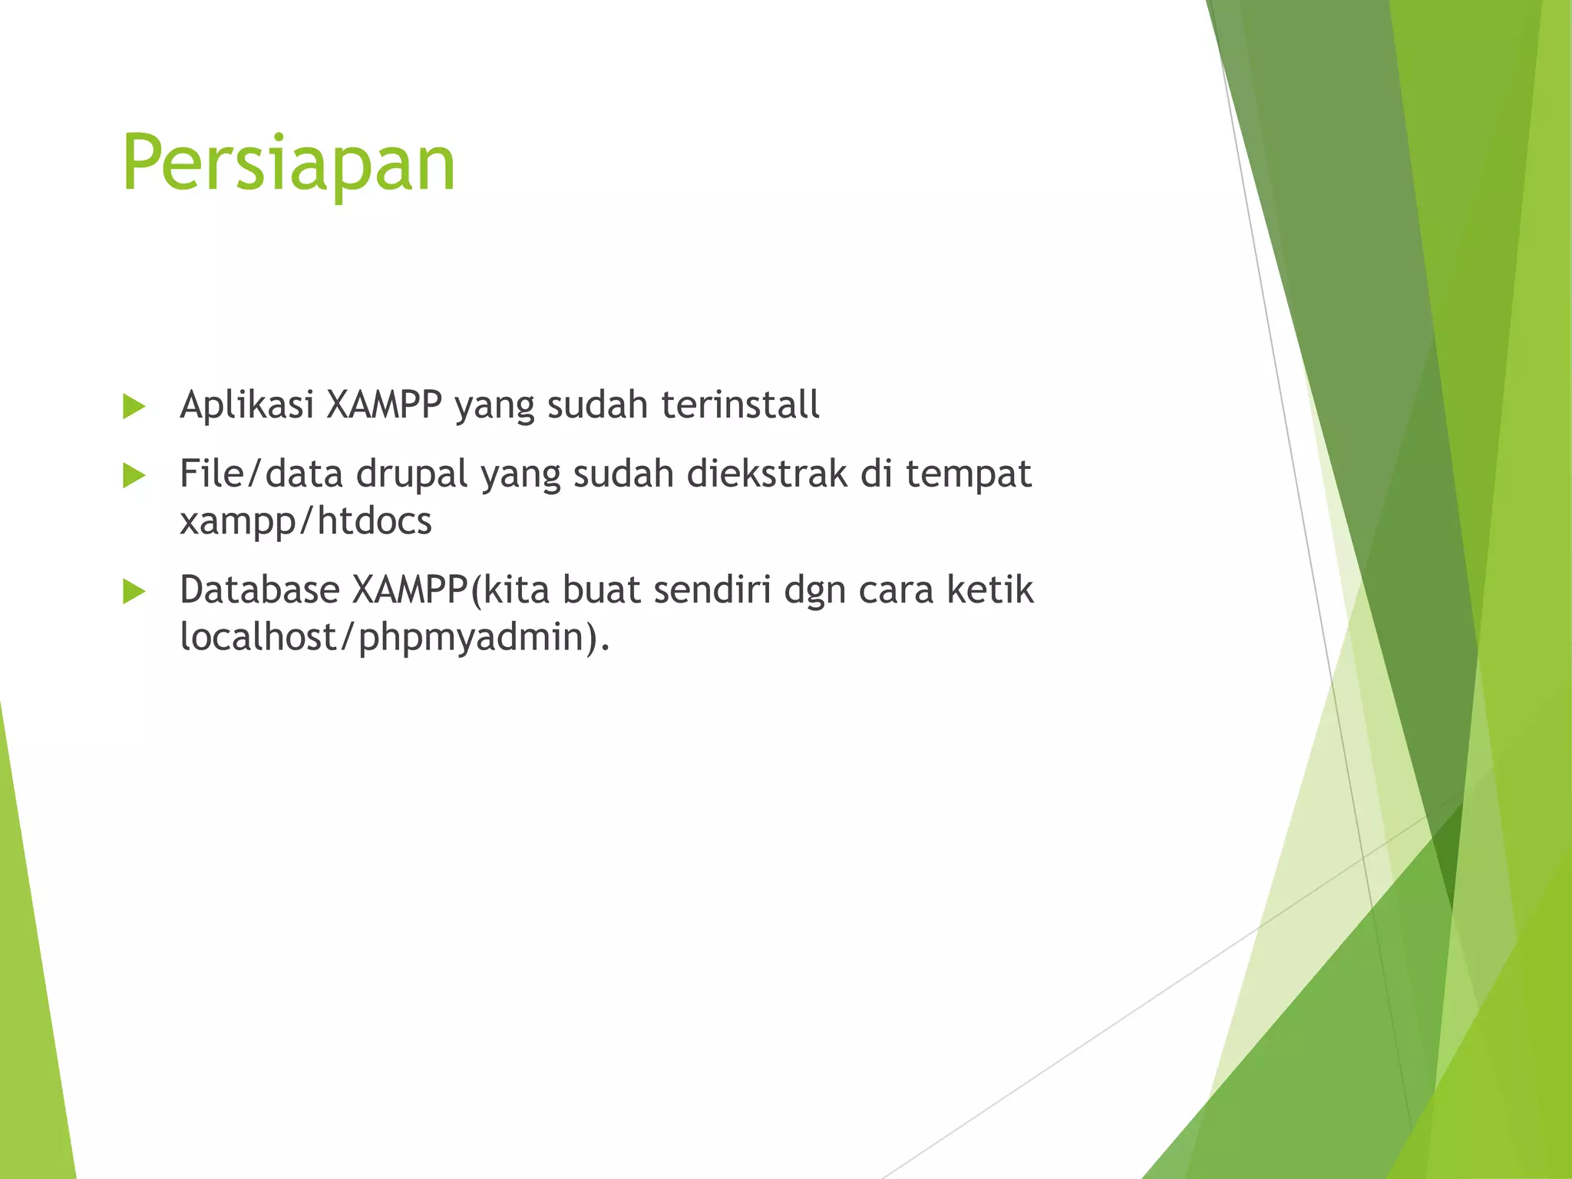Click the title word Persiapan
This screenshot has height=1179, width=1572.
289,163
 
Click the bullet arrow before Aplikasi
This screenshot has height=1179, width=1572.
134,407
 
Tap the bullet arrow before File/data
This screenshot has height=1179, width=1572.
134,476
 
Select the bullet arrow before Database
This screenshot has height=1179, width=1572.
134,592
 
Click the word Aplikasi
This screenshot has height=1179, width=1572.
246,405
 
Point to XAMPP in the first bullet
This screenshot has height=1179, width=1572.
384,405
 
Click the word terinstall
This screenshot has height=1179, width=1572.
740,405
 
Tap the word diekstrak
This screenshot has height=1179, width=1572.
767,474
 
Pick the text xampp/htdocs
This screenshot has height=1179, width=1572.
305,521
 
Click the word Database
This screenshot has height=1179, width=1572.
259,589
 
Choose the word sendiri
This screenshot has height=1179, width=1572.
712,589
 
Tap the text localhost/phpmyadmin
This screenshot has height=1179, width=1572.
388,637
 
